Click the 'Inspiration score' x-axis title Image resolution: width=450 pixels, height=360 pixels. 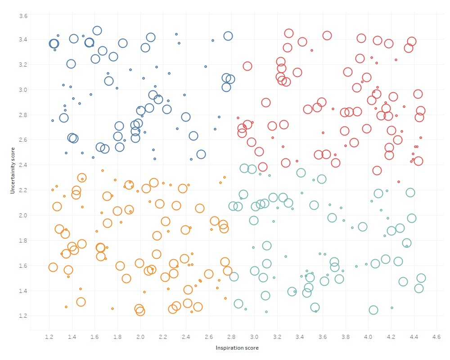[x=237, y=348]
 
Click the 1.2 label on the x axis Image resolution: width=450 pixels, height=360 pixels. [x=49, y=337]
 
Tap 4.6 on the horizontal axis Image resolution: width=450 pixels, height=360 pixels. [x=436, y=337]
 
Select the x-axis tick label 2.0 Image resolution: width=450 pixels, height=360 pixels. [x=140, y=337]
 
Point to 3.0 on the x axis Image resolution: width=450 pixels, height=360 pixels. [x=254, y=337]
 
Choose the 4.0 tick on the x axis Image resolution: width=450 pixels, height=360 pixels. [x=368, y=337]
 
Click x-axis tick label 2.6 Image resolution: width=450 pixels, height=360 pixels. [x=209, y=337]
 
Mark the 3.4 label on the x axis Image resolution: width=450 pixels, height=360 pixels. [x=300, y=337]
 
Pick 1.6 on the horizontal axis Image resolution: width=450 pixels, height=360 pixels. [x=95, y=337]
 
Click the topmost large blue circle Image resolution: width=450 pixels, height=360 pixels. [x=97, y=31]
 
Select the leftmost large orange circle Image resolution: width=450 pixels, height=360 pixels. [x=53, y=267]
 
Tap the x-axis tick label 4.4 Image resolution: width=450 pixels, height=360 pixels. [x=414, y=337]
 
